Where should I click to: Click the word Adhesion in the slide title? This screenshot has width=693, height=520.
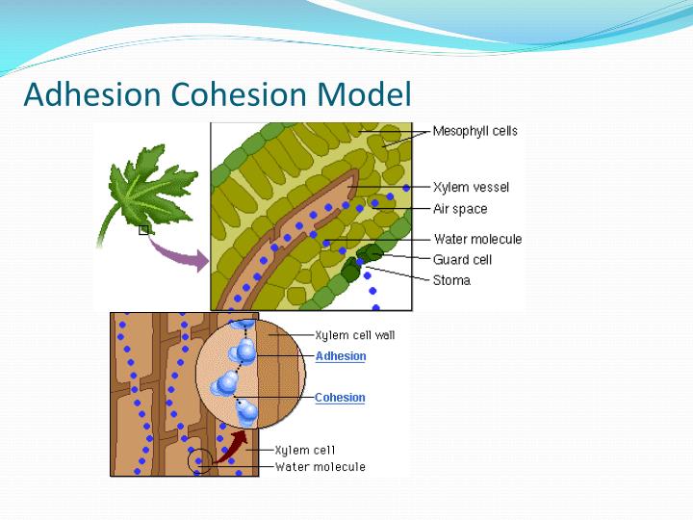[x=93, y=94]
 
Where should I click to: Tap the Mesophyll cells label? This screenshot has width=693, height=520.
[x=475, y=131]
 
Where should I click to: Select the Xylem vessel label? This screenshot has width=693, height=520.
[x=471, y=187]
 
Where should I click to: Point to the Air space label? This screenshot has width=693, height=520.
[x=460, y=209]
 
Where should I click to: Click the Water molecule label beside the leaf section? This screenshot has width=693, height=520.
[x=477, y=239]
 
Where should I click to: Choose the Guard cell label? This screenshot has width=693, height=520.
[x=462, y=259]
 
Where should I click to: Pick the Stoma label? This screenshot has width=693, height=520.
[x=451, y=280]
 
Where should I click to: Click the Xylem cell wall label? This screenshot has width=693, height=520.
[x=355, y=335]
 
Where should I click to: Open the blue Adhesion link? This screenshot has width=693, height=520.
[x=341, y=356]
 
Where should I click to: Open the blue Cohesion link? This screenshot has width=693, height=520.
[x=340, y=398]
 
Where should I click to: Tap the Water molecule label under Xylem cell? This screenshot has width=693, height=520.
[x=320, y=467]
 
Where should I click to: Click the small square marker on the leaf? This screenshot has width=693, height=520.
[x=143, y=229]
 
